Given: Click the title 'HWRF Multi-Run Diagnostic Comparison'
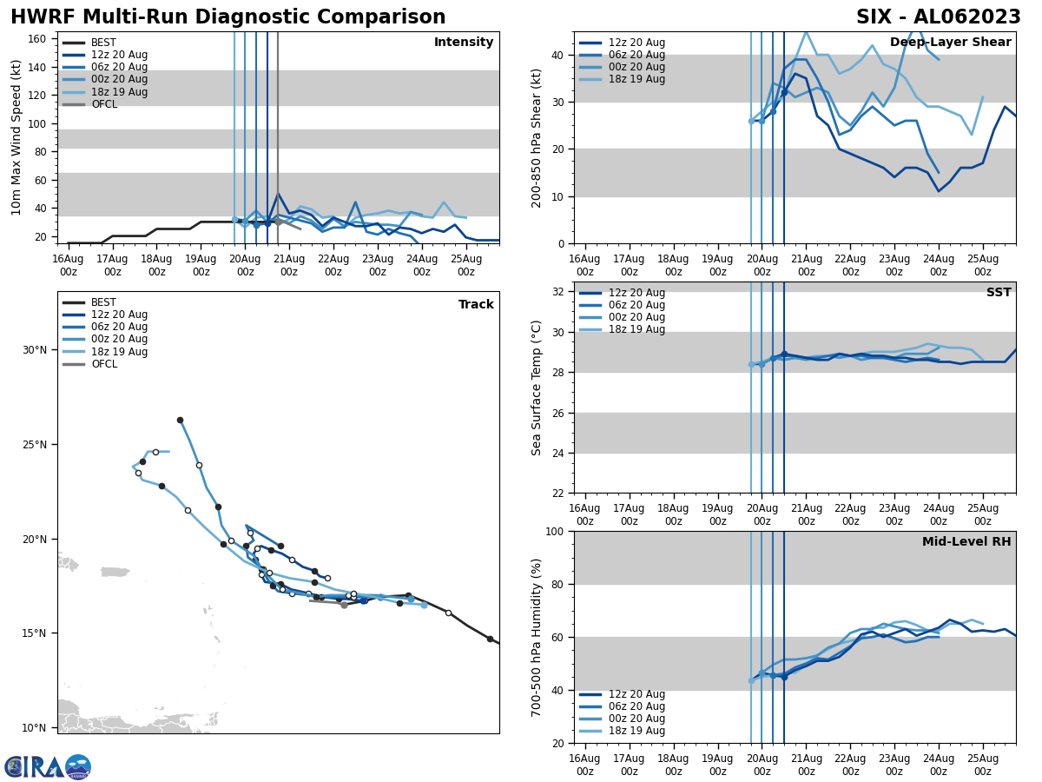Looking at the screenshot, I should click(x=228, y=17).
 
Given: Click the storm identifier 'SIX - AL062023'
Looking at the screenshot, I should click(x=938, y=17).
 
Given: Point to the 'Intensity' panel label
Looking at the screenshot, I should click(x=464, y=43).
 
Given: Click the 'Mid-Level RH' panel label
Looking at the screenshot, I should click(x=966, y=542).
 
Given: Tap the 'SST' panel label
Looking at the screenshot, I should click(x=999, y=293).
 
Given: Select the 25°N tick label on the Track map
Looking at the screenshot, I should click(x=35, y=445).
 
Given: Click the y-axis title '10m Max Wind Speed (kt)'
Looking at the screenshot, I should click(x=16, y=137).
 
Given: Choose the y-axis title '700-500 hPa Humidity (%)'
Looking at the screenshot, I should click(x=537, y=638).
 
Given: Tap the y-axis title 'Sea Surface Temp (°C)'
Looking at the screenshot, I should click(x=537, y=388).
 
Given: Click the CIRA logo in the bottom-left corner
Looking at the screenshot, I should click(x=48, y=767).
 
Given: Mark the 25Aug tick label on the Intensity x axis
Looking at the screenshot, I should click(x=465, y=265).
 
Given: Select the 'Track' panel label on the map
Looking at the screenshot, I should click(x=476, y=305).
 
